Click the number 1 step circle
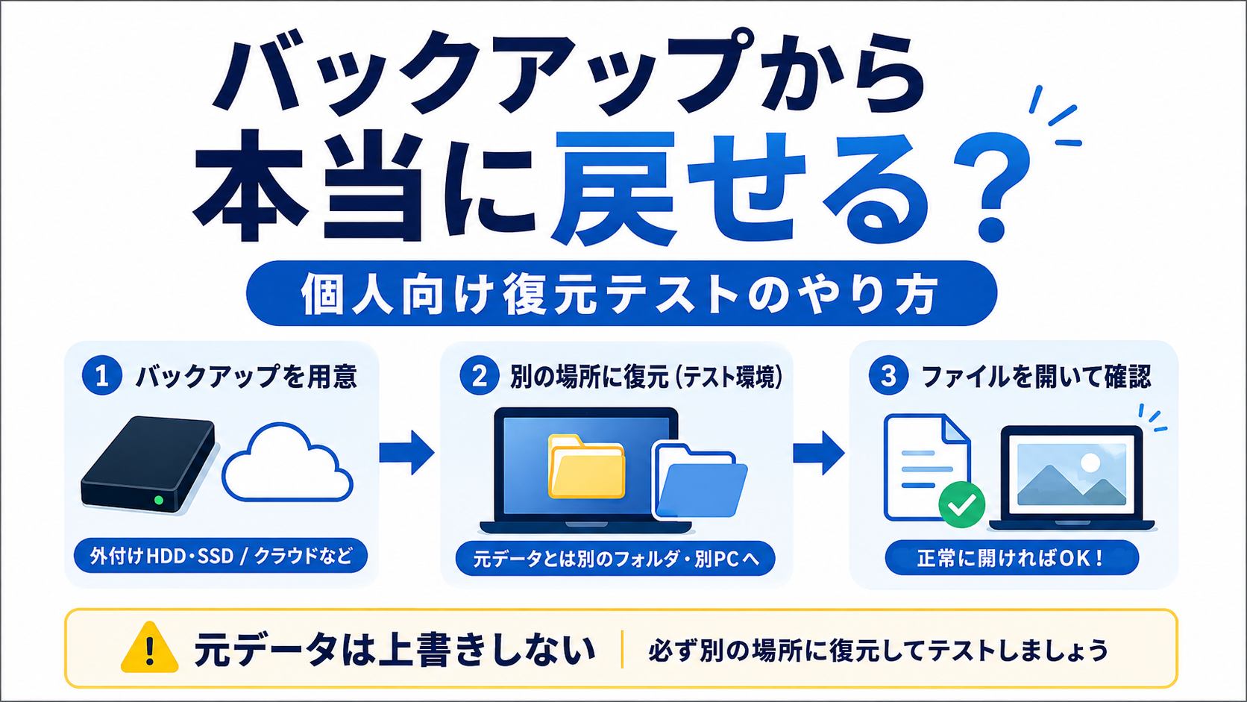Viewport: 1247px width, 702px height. click(102, 375)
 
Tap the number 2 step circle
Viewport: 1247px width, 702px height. click(480, 375)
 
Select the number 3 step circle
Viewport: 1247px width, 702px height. click(888, 375)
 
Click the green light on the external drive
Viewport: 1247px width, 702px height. click(159, 500)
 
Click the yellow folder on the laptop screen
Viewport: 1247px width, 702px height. click(586, 466)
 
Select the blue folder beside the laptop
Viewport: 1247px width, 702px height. click(700, 480)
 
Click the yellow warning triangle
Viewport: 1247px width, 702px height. click(149, 648)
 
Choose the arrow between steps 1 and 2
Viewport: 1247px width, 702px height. click(407, 452)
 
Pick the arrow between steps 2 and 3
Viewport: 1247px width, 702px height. click(818, 452)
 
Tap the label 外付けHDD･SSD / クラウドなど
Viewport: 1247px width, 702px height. click(221, 556)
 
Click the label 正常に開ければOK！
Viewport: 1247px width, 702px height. click(1011, 558)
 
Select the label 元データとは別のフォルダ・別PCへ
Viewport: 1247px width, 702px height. click(616, 559)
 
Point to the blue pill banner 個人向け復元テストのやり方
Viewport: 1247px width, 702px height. click(621, 293)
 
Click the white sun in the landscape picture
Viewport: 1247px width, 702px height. click(1090, 463)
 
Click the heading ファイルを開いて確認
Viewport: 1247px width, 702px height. click(1036, 376)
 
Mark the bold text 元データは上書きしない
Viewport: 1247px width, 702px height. click(394, 650)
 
